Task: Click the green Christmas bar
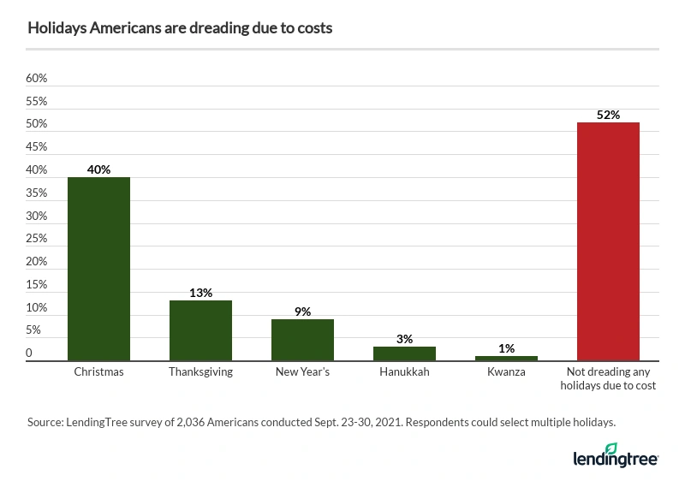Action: point(98,269)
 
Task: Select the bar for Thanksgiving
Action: point(200,330)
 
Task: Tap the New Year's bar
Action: point(302,340)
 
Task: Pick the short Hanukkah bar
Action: point(404,353)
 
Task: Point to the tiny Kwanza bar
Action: point(506,359)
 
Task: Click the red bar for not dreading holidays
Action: point(608,241)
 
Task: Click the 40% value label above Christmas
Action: point(98,169)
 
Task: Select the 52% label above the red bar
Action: point(608,115)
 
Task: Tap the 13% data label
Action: point(200,293)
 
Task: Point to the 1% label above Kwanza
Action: point(506,348)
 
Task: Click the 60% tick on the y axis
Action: point(36,79)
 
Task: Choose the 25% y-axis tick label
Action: point(36,239)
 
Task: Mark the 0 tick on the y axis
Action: point(29,353)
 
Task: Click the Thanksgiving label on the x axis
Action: point(200,373)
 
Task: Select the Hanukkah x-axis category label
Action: point(404,373)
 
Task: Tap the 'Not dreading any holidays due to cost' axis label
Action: point(608,380)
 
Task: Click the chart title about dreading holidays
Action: point(180,28)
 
